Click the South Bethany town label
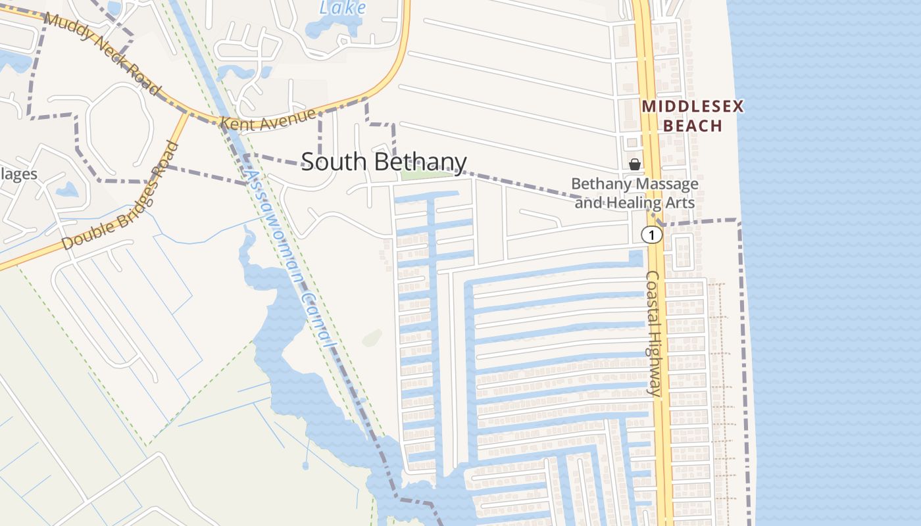(x=384, y=162)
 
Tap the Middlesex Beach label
(x=693, y=116)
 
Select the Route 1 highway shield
(x=651, y=235)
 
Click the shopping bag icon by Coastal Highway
(x=635, y=164)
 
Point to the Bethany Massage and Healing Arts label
(x=635, y=193)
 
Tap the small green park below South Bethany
(x=428, y=174)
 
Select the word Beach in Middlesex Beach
(x=693, y=126)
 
